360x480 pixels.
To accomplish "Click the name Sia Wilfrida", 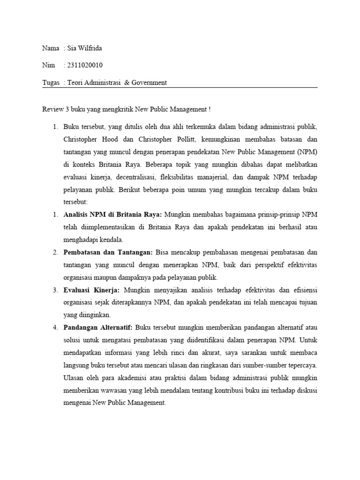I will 85,48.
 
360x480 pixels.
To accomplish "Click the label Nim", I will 48,65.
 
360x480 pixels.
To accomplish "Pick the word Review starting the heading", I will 52,109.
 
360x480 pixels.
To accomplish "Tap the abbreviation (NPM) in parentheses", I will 307,152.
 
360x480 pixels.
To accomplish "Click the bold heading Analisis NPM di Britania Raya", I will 112,215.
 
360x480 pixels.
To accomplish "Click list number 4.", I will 54,327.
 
